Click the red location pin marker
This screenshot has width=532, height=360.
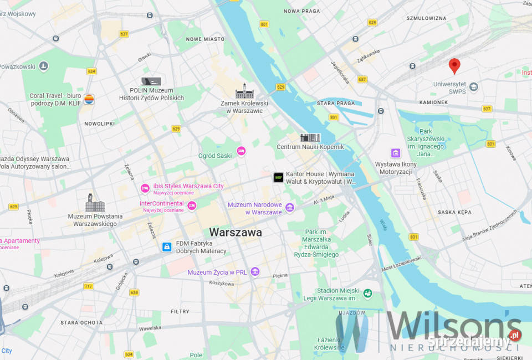454,66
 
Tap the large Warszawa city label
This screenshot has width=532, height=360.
236,233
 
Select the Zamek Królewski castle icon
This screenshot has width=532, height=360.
244,91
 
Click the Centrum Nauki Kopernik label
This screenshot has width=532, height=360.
310,147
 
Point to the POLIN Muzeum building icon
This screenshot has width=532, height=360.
151,81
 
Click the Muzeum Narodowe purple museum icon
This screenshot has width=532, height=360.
290,208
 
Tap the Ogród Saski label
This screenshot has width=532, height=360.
215,156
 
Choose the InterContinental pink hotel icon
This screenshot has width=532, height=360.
192,206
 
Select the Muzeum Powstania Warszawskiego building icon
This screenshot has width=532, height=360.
95,203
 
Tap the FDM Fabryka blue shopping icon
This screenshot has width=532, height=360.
166,247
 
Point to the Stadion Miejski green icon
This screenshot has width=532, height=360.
367,293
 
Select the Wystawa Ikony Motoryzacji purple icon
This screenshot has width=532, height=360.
396,153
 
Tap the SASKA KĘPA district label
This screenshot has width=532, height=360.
454,212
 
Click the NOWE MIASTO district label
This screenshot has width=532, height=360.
205,39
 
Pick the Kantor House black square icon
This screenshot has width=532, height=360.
278,177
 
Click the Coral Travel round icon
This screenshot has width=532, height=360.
89,99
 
